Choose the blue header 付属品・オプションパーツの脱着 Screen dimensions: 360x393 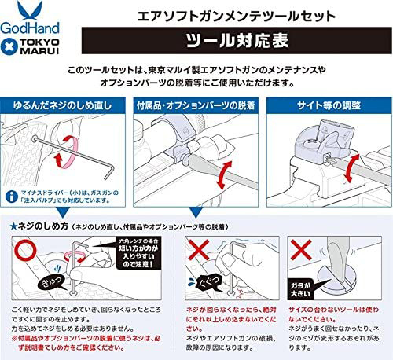pos(196,104)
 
